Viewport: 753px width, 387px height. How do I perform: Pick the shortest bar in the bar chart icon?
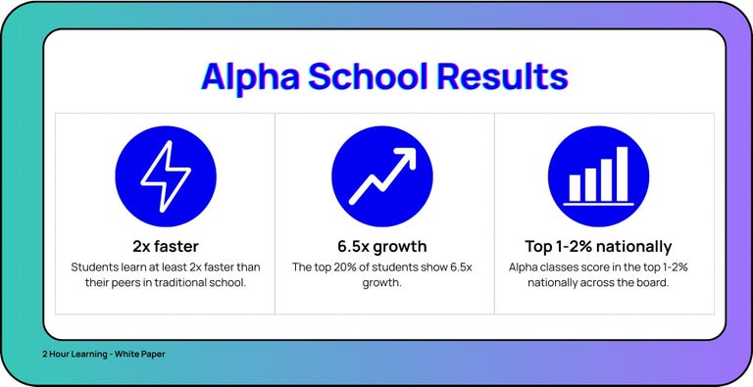(x=576, y=186)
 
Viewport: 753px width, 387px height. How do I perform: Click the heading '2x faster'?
(x=165, y=246)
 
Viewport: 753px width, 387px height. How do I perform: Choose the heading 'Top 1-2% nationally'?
(x=599, y=246)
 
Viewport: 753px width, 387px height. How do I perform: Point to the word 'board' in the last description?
(x=648, y=283)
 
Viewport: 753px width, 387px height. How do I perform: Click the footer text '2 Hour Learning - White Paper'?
(x=103, y=354)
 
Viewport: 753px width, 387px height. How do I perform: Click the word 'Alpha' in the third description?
(x=526, y=266)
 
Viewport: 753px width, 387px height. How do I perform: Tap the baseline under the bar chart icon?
(x=599, y=203)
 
